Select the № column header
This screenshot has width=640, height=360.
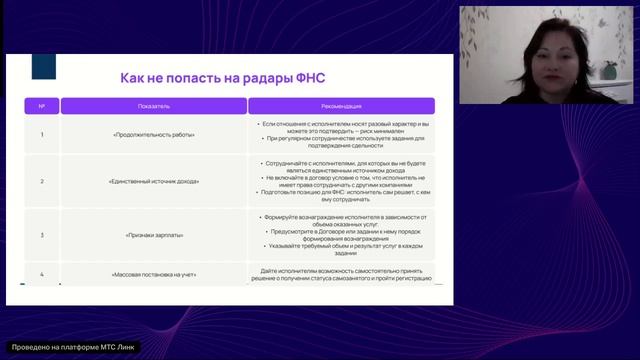[x=41, y=105]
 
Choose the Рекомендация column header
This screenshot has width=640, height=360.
[x=341, y=105]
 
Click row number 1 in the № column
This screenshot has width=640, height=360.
[x=41, y=134]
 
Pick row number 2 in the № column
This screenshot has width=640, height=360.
[x=41, y=181]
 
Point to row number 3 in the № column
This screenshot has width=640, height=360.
[x=41, y=235]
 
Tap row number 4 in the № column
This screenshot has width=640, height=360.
[x=41, y=273]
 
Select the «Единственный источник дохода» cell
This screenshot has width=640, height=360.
[x=156, y=181]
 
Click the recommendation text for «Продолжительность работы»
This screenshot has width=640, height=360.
[x=341, y=133]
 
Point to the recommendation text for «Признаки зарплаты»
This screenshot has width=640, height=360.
[x=341, y=235]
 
